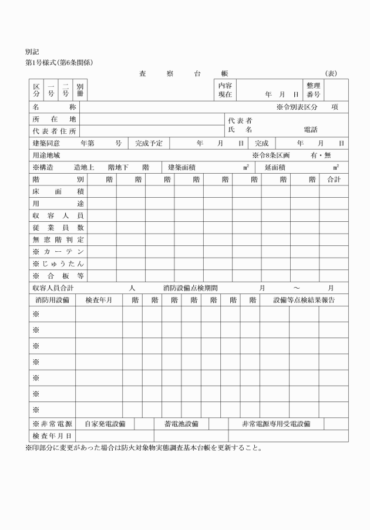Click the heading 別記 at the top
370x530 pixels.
click(x=32, y=52)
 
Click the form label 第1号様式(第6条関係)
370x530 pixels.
click(x=59, y=62)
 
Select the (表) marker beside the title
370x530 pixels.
click(x=331, y=73)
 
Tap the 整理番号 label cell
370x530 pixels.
click(x=312, y=90)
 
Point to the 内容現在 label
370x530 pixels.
click(x=225, y=90)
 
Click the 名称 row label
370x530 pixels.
click(x=55, y=107)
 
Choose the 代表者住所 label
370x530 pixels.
click(x=55, y=130)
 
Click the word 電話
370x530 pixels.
click(x=310, y=130)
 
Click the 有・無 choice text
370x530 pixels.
click(x=321, y=156)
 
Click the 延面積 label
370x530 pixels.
click(x=275, y=167)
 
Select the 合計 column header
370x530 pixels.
click(x=333, y=180)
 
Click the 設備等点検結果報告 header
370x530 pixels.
click(x=304, y=300)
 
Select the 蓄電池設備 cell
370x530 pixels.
click(x=181, y=423)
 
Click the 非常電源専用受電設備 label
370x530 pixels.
click(x=276, y=423)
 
